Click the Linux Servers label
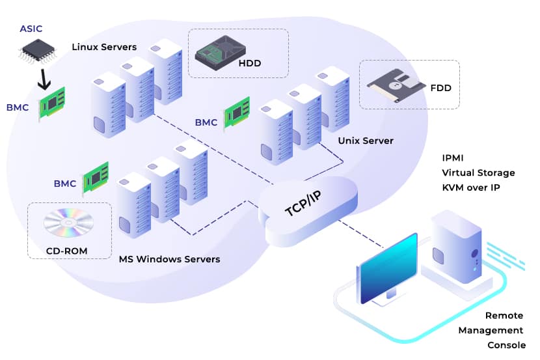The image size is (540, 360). (104, 47)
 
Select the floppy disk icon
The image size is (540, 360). (391, 85)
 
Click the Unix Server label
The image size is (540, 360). (366, 141)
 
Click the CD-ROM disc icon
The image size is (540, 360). (68, 223)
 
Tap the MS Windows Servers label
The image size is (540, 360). (169, 259)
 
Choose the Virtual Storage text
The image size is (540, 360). (478, 173)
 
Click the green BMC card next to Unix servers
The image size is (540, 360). (237, 111)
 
